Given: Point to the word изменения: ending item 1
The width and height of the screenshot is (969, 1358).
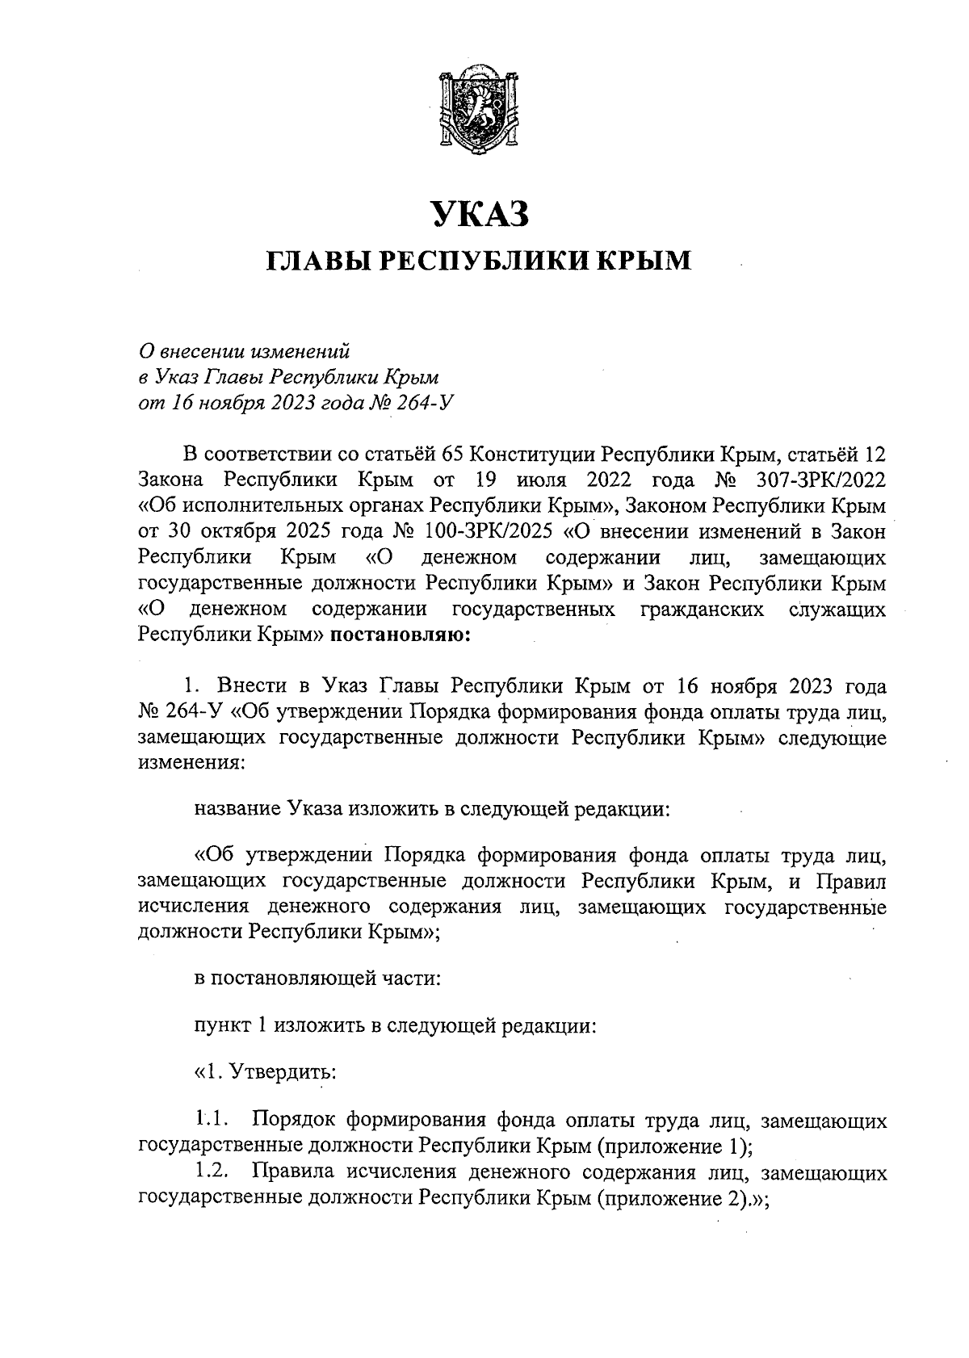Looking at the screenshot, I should pos(190,763).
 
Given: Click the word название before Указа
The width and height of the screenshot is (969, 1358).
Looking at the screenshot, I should pos(237,809).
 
